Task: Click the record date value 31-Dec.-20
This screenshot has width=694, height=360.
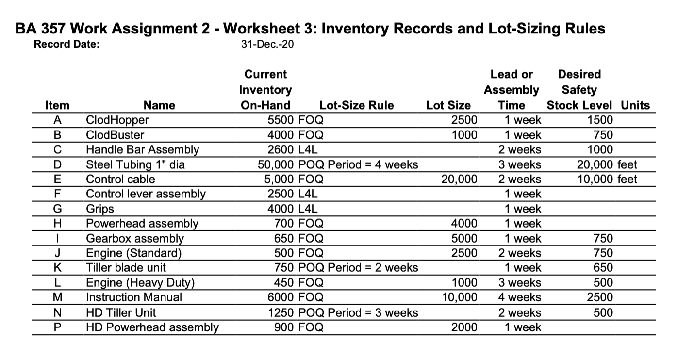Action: click(267, 45)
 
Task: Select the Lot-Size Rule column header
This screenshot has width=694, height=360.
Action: click(357, 105)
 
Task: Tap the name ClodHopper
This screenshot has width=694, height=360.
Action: click(117, 120)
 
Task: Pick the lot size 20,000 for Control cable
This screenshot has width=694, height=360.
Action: click(459, 179)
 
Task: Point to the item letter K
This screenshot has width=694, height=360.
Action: click(57, 268)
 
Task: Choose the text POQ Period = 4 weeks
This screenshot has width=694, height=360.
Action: click(358, 164)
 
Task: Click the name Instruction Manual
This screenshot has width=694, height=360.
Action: click(134, 297)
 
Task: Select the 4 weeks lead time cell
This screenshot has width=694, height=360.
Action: click(520, 297)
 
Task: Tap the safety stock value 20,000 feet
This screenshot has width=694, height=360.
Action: click(607, 164)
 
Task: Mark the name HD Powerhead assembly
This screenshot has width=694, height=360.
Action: click(152, 327)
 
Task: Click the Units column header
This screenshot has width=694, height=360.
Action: click(635, 105)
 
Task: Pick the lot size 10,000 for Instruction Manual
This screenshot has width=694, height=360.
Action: click(459, 297)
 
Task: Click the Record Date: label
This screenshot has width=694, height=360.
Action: click(66, 45)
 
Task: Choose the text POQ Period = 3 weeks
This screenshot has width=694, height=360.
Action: click(358, 313)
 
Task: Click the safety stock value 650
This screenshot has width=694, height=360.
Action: click(603, 268)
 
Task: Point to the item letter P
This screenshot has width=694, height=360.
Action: click(57, 327)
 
